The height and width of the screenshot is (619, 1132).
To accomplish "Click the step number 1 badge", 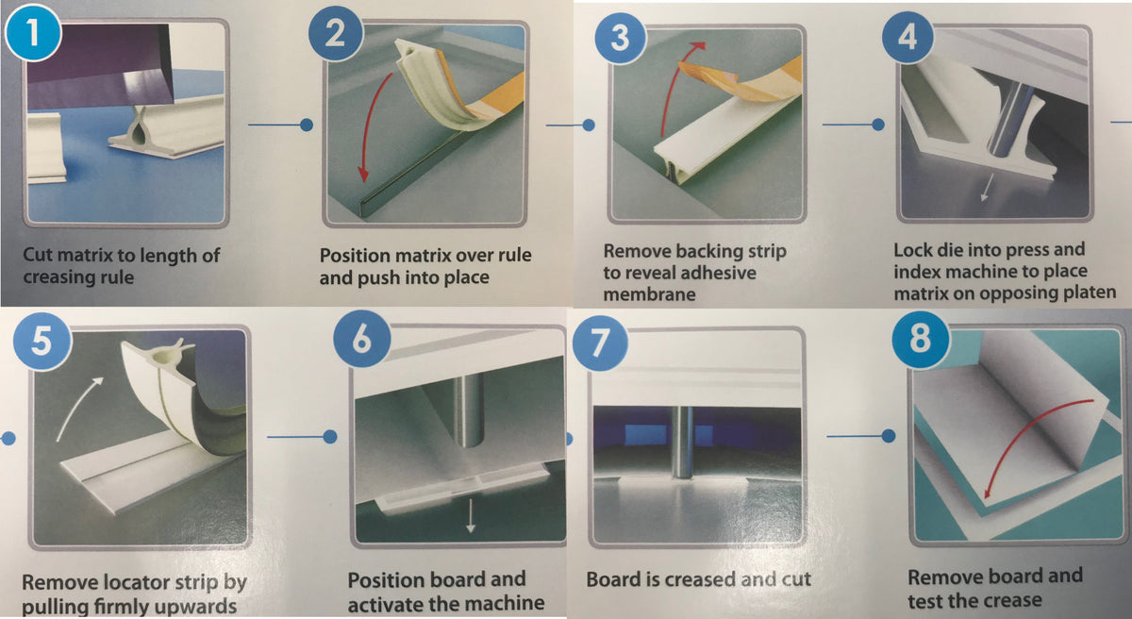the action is [x=33, y=33].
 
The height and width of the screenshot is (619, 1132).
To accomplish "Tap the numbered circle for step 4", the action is [x=907, y=38].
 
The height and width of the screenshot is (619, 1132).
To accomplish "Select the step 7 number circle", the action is [x=600, y=343].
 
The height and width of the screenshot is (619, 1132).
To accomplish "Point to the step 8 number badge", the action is [x=921, y=340].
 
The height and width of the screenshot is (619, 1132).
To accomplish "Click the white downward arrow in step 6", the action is [x=471, y=516].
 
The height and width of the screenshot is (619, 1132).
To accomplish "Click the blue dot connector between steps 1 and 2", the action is [x=307, y=125].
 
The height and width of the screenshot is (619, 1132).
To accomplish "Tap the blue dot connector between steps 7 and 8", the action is [x=889, y=436].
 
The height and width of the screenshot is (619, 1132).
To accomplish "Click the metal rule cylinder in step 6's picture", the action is [x=469, y=410].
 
